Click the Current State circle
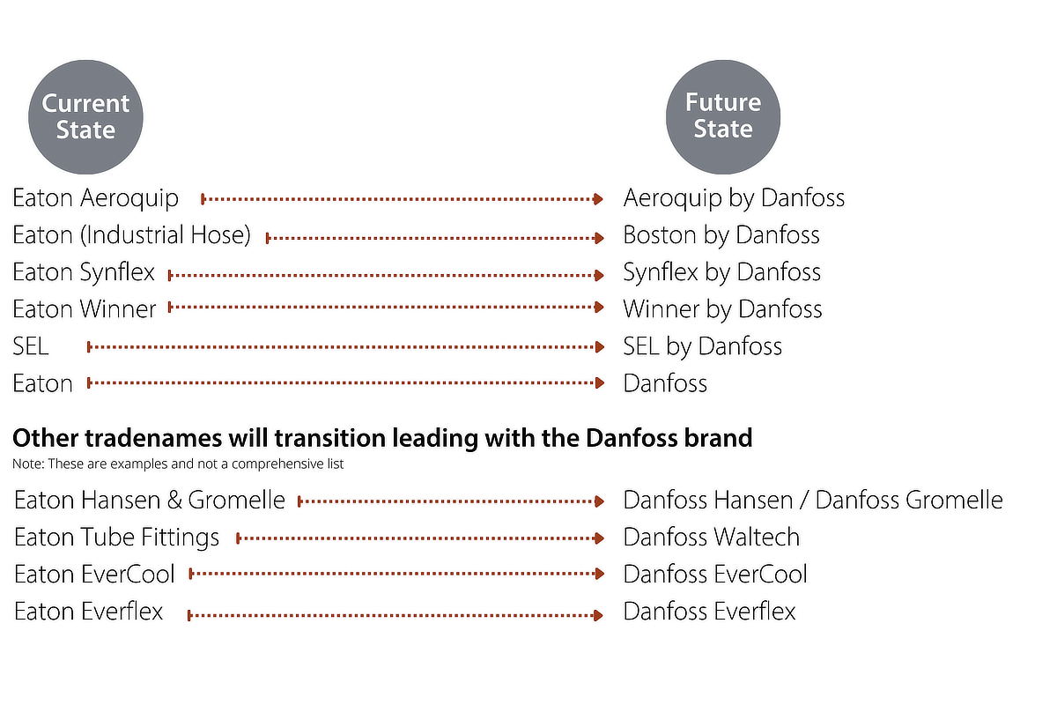pos(85,116)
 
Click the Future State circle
pos(723,116)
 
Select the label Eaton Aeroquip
pos(95,198)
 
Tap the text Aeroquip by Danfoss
pos(734,198)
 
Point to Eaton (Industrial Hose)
pos(131,235)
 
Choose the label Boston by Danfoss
pos(721,235)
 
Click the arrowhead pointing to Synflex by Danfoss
pos(599,275)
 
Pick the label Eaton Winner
pos(85,309)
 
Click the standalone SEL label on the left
pos(31,346)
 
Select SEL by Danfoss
pos(702,346)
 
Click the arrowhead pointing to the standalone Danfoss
pos(600,382)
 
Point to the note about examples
pos(178,464)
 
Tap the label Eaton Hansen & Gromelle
pos(150,500)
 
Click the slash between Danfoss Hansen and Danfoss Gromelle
pos(804,500)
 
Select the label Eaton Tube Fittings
pos(116,538)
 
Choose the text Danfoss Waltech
pos(712,538)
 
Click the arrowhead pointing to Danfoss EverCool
pos(600,574)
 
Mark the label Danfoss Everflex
pos(709,612)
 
